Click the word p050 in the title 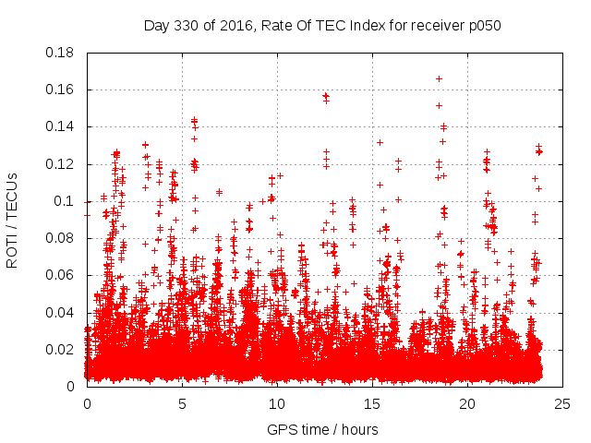coord(484,25)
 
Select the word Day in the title coord(158,25)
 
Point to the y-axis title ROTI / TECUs coord(13,220)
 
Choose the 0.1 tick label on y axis coord(67,201)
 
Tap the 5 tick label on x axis coord(182,403)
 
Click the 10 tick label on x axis coord(277,403)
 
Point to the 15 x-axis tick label coord(372,403)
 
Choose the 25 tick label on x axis coord(562,403)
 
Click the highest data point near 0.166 coord(439,78)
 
